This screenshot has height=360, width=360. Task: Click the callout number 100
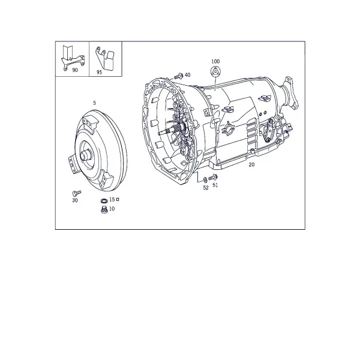pos(215,61)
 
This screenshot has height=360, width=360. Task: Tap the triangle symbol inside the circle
pos(215,71)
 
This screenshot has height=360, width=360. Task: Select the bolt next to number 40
pos(178,76)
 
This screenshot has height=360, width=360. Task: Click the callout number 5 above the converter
pos(94,103)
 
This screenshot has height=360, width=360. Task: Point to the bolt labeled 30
pos(76,193)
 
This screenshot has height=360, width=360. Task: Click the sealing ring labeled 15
pos(104,201)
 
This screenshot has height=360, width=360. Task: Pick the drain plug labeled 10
pos(104,209)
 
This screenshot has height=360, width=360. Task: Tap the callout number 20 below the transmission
pos(251,164)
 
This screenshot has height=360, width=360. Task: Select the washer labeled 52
pos(205,180)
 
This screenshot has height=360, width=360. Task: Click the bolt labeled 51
pos(213,177)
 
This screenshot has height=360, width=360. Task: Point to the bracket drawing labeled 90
pos(72,58)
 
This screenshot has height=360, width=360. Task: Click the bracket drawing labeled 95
pos(104,58)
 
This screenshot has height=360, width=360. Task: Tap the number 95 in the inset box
pos(99,72)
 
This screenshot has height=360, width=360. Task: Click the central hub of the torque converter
pos(85,155)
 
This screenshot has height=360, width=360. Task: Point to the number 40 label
pos(187,75)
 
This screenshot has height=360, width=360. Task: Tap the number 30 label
pos(75,200)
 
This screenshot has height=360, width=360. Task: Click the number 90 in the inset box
pos(75,70)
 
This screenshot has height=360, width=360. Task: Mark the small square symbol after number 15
pos(118,200)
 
